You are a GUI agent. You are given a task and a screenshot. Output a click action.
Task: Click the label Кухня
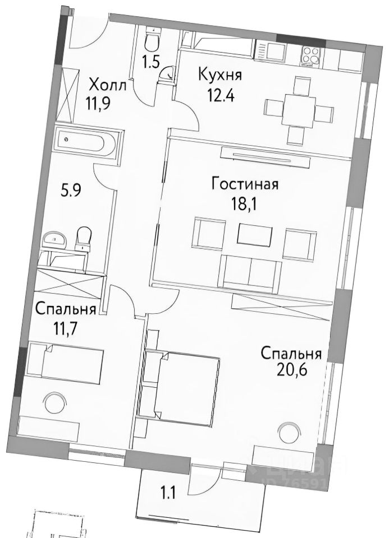pos(219,74)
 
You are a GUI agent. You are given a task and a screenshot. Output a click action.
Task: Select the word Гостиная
pos(245,184)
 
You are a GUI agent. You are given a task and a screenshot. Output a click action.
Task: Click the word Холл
pos(108,85)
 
